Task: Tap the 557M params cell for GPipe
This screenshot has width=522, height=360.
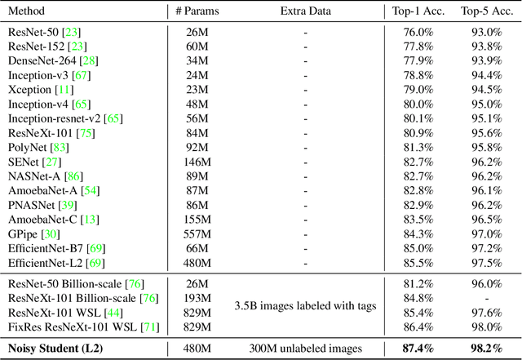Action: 199,233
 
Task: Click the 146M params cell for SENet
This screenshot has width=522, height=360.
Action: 199,162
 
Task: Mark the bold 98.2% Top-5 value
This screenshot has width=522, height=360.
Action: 481,349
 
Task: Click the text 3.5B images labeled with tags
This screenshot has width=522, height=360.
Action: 306,305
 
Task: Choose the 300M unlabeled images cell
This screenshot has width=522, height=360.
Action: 306,349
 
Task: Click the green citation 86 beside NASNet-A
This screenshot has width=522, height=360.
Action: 74,176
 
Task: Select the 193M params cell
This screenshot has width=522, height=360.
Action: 199,298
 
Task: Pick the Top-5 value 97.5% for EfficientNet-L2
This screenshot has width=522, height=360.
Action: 481,263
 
